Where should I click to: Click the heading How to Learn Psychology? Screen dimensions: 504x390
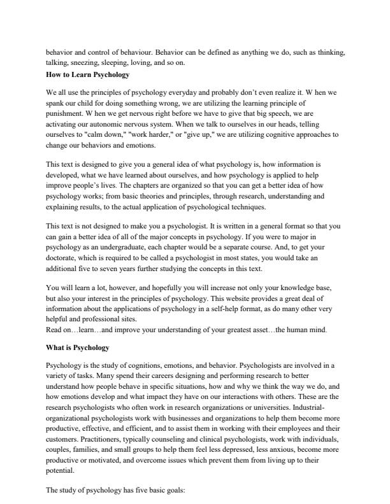coord(87,75)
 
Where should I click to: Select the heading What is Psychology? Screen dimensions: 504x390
coord(78,348)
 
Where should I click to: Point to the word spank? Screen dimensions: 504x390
coord(56,102)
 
